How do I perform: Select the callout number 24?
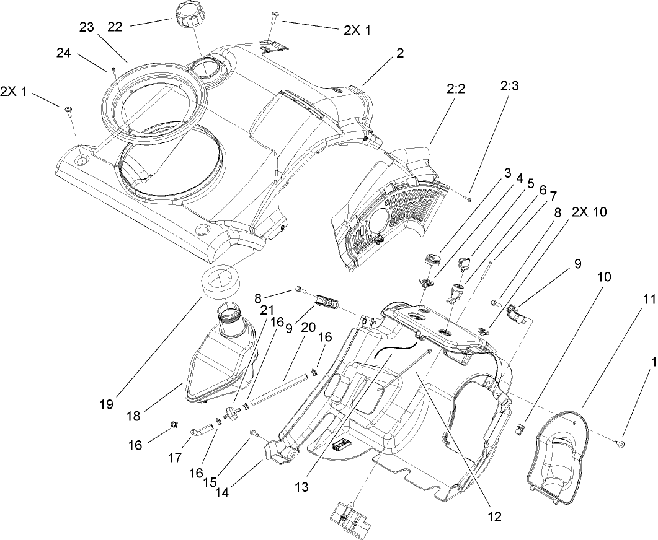point(64,54)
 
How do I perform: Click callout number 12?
point(494,515)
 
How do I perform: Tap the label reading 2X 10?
point(590,212)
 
